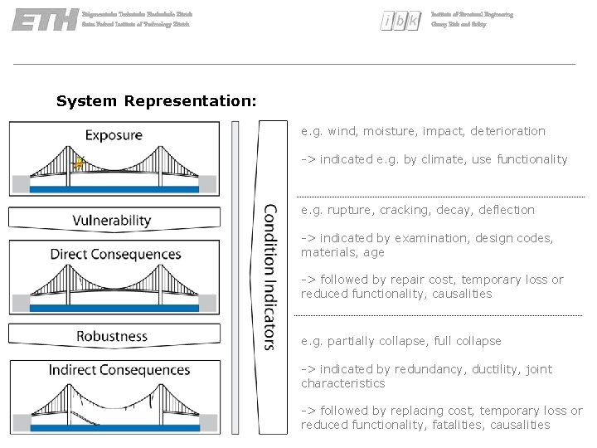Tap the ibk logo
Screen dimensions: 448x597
pos(400,21)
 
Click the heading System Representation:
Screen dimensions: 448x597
pos(157,101)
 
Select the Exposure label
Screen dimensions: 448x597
pos(114,134)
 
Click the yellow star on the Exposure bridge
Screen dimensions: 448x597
pos(80,163)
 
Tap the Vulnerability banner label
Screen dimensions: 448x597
pos(112,220)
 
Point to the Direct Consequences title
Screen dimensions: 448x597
pos(115,253)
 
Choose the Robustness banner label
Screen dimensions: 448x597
pos(112,336)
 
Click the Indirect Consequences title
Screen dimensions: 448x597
pos(119,369)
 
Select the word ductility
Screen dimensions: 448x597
pos(496,369)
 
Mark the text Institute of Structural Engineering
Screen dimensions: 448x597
pos(472,15)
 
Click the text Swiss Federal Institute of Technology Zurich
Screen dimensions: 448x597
pos(136,25)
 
